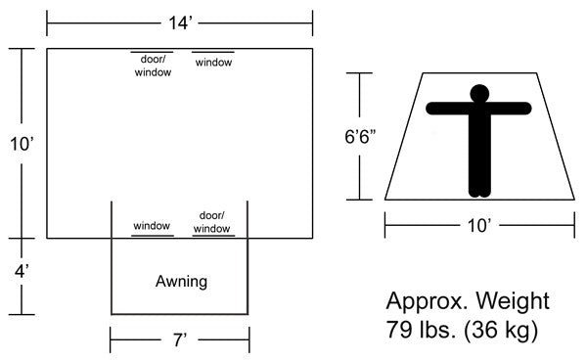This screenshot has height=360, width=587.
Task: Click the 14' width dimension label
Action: (x=180, y=19)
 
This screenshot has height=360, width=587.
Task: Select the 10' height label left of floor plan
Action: (x=21, y=144)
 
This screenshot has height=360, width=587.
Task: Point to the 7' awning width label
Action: (x=179, y=340)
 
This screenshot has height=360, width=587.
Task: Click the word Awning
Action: (x=181, y=282)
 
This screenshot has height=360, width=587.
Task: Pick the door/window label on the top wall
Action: (x=153, y=66)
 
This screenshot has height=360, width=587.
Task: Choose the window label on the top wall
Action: (x=213, y=63)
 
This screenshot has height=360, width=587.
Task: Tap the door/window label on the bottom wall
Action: (x=212, y=221)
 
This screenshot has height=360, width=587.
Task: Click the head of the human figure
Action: (x=478, y=94)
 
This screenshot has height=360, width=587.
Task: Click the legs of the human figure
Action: (x=478, y=161)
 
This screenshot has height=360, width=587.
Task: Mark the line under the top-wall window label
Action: (x=213, y=53)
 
